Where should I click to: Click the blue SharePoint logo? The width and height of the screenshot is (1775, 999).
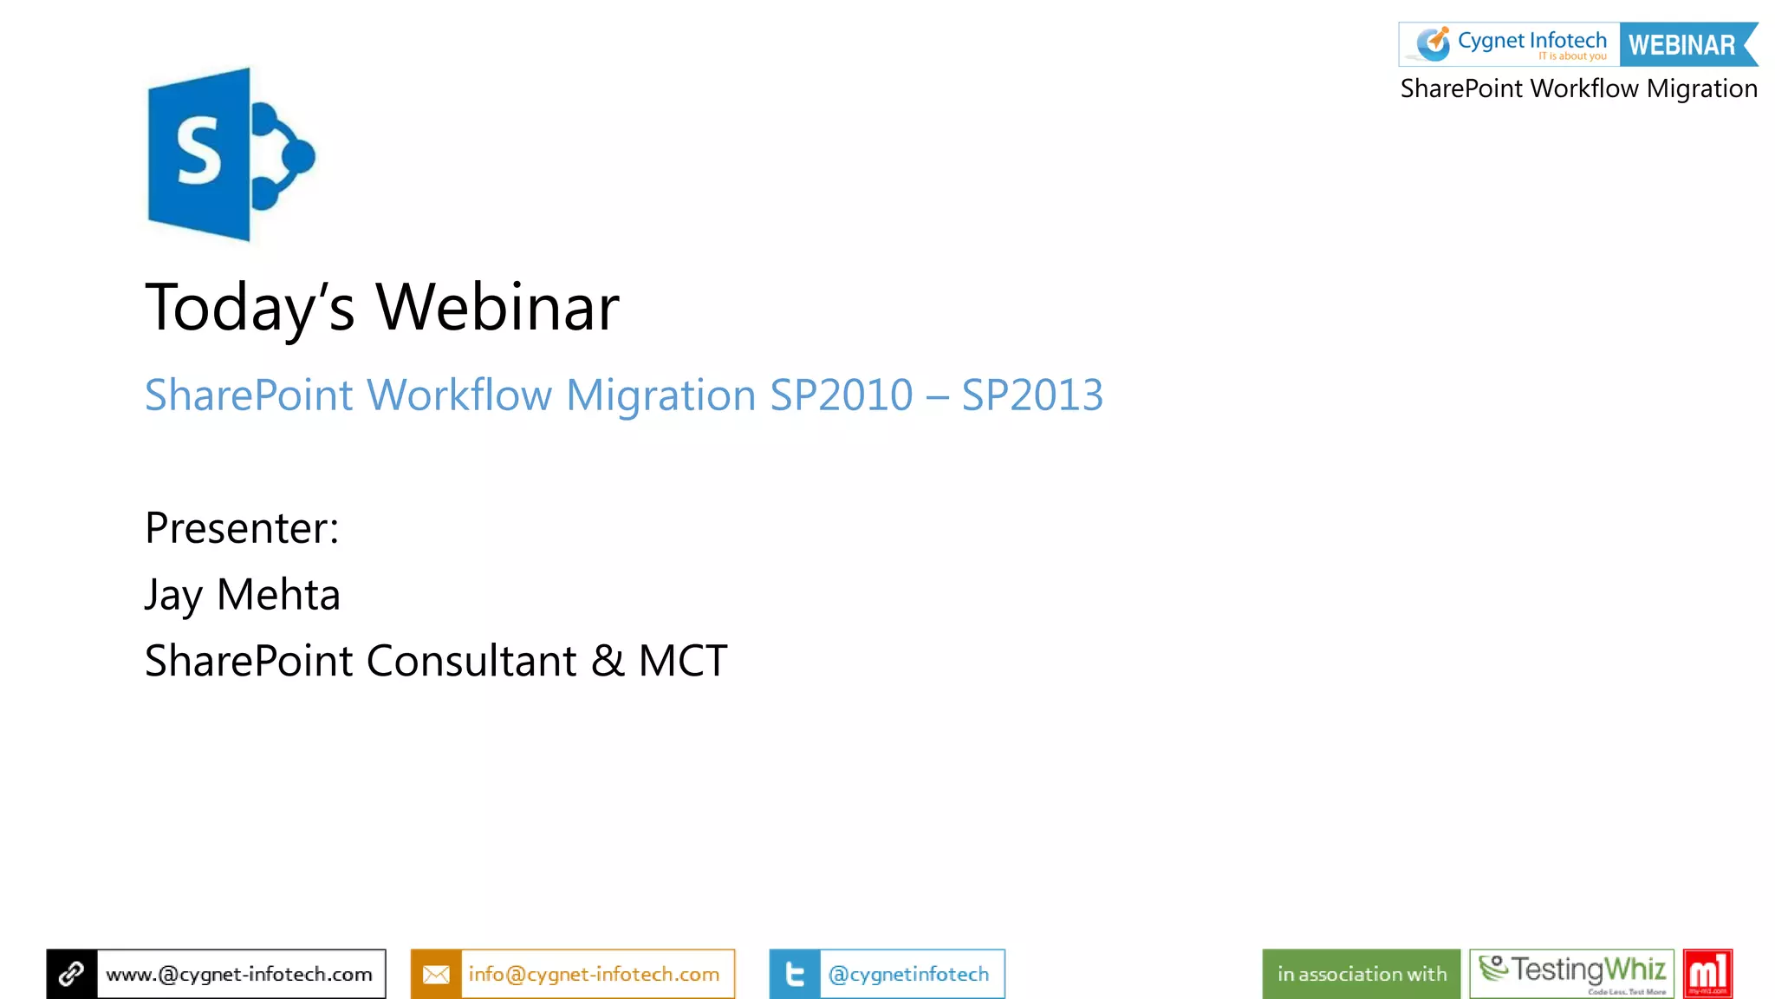pyautogui.click(x=230, y=154)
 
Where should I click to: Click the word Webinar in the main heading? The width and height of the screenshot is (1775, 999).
pyautogui.click(x=497, y=307)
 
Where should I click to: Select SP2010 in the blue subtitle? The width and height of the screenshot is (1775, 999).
pyautogui.click(x=841, y=395)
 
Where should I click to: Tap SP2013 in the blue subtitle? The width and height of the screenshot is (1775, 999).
pyautogui.click(x=1031, y=395)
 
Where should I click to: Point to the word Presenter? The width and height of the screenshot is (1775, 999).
pyautogui.click(x=242, y=528)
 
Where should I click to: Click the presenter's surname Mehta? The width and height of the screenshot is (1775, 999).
pyautogui.click(x=278, y=595)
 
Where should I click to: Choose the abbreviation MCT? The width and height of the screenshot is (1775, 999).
pyautogui.click(x=683, y=661)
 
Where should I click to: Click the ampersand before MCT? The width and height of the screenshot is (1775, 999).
pyautogui.click(x=608, y=661)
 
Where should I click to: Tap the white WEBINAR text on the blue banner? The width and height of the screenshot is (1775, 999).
pyautogui.click(x=1681, y=45)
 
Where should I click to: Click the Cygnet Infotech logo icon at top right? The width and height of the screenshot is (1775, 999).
pyautogui.click(x=1433, y=43)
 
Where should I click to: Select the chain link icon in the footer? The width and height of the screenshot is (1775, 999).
pyautogui.click(x=71, y=974)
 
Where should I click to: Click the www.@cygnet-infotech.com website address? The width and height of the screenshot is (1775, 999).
pyautogui.click(x=239, y=974)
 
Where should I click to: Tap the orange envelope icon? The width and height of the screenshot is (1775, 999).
pyautogui.click(x=436, y=974)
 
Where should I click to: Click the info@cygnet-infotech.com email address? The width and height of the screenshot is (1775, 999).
pyautogui.click(x=594, y=974)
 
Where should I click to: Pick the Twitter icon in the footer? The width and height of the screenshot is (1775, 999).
pyautogui.click(x=794, y=974)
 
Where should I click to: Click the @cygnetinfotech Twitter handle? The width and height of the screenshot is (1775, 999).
pyautogui.click(x=908, y=974)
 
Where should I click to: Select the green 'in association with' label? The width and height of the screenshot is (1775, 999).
pyautogui.click(x=1361, y=974)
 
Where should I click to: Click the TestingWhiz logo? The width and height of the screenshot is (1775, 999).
pyautogui.click(x=1571, y=973)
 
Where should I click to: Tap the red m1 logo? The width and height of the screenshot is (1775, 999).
pyautogui.click(x=1707, y=973)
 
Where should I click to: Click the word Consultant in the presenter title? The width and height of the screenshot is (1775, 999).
pyautogui.click(x=471, y=661)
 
